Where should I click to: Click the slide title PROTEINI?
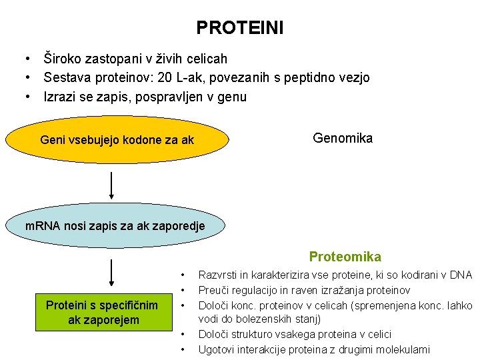click(x=239, y=28)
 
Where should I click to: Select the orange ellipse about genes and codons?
click(x=117, y=140)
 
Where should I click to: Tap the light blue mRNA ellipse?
click(x=115, y=226)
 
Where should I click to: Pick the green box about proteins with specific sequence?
click(x=102, y=313)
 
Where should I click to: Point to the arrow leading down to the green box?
click(x=111, y=272)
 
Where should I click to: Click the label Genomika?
click(x=343, y=138)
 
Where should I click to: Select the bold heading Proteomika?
click(x=345, y=257)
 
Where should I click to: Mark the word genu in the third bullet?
click(x=233, y=97)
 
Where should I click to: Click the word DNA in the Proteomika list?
click(x=461, y=275)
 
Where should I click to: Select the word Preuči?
click(x=215, y=290)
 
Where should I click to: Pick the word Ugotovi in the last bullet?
click(x=217, y=349)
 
